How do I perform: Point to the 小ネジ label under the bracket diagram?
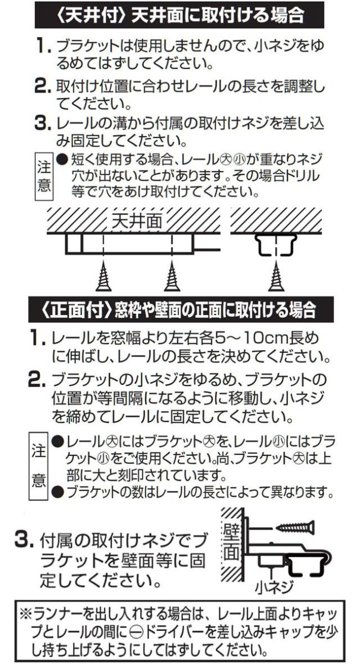click(274, 588)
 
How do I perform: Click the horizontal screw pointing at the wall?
click(292, 526)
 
